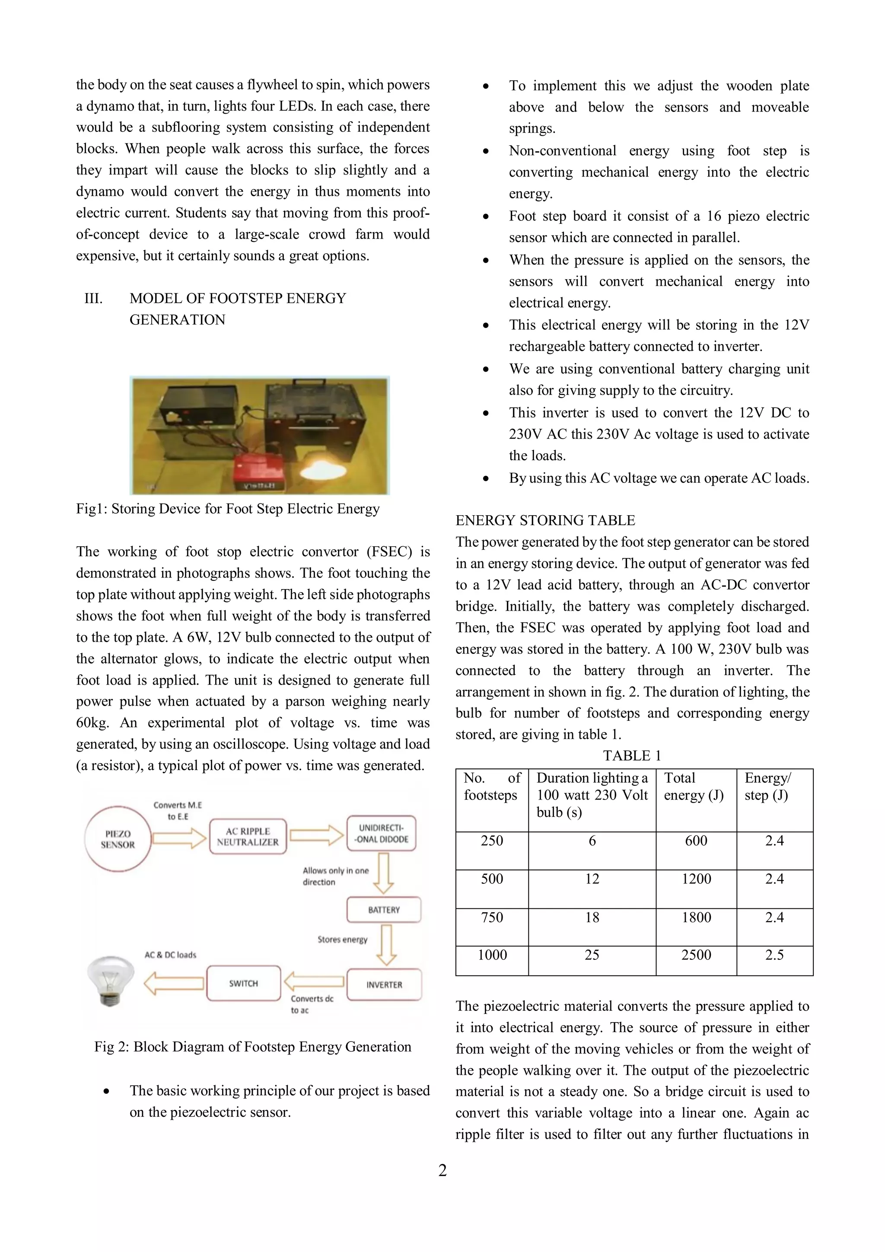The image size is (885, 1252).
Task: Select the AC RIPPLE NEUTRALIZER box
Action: [x=248, y=836]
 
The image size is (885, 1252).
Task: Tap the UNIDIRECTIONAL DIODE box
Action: [x=381, y=833]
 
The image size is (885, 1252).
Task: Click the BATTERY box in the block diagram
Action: [x=383, y=910]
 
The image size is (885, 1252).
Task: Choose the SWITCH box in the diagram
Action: [x=243, y=983]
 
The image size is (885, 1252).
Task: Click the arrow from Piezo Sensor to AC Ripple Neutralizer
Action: [x=179, y=838]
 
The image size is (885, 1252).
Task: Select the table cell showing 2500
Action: [x=696, y=954]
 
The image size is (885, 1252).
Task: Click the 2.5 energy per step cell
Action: [x=774, y=954]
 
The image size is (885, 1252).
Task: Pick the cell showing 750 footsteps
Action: [x=491, y=917]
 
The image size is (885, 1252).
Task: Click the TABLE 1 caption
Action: [x=631, y=755]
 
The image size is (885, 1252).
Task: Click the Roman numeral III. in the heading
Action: [x=93, y=298]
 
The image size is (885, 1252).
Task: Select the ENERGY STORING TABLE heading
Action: [x=545, y=520]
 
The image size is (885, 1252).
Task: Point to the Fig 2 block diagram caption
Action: [x=252, y=1046]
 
